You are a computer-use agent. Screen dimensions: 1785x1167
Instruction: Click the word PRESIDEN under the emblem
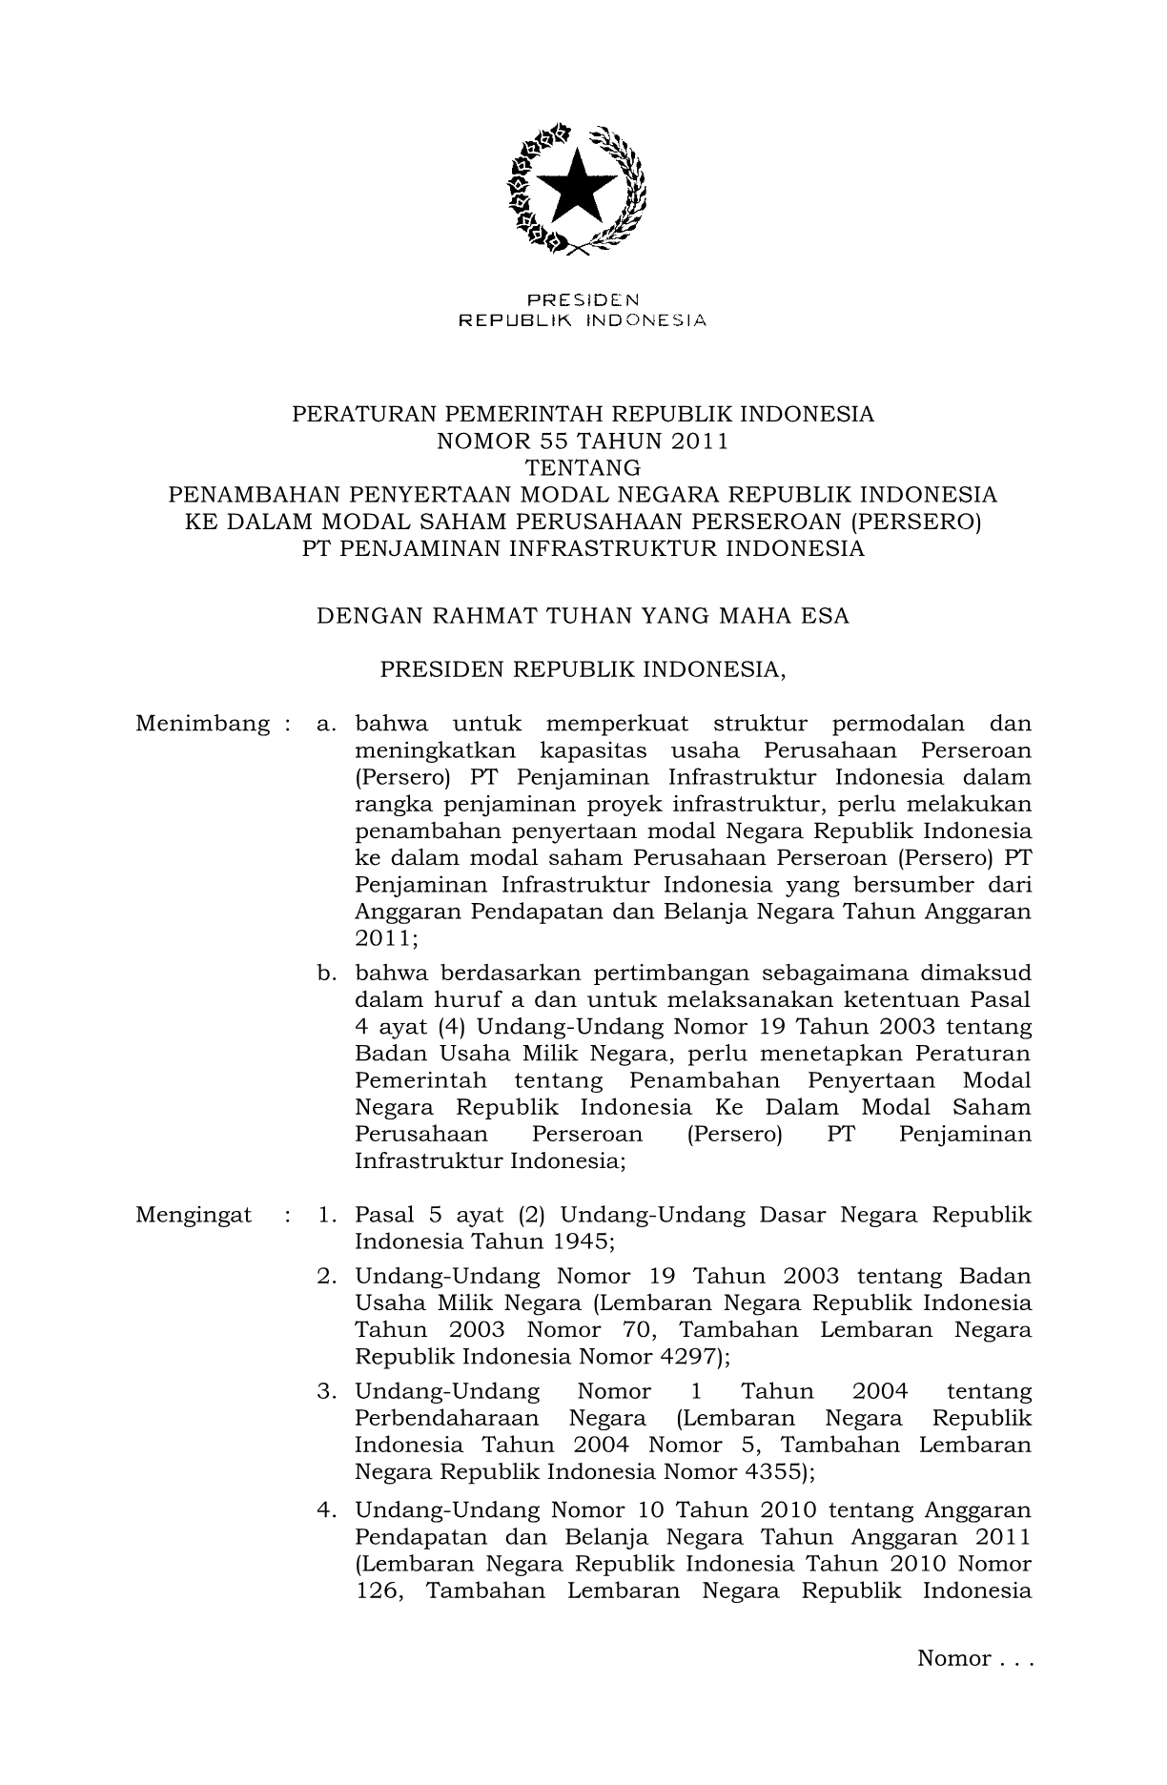point(583,298)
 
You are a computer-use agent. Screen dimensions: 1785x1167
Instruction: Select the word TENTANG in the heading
point(583,468)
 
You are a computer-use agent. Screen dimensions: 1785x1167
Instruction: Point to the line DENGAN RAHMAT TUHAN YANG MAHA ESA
point(583,616)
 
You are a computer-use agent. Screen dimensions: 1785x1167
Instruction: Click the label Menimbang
point(202,724)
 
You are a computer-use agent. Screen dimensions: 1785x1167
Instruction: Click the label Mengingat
point(194,1215)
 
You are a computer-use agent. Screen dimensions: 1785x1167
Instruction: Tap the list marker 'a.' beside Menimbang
point(327,724)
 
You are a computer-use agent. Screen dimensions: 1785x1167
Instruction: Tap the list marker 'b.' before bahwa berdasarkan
point(327,974)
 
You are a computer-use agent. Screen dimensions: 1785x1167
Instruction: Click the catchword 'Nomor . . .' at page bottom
point(974,1658)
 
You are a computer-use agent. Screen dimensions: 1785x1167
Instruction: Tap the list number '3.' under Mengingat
point(327,1391)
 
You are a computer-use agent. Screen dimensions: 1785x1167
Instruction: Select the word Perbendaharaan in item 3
point(446,1418)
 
